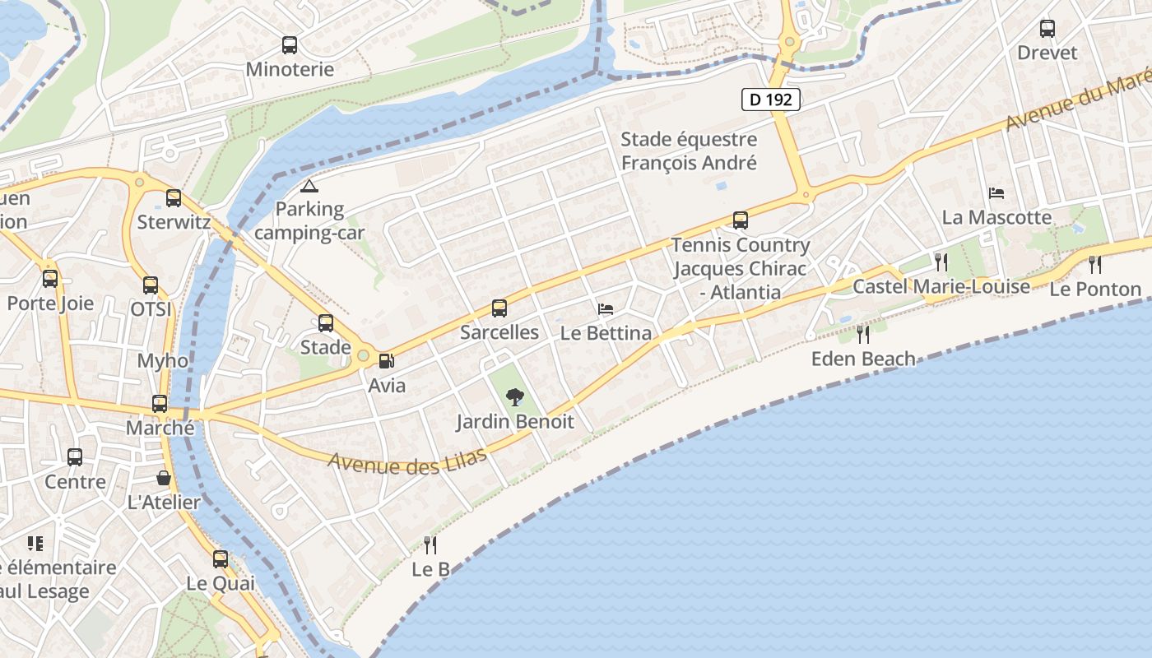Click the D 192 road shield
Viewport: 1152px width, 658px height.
click(771, 100)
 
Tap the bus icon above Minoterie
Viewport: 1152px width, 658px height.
click(290, 45)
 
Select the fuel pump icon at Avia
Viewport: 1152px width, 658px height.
click(385, 360)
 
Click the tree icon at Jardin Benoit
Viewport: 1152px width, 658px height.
click(515, 397)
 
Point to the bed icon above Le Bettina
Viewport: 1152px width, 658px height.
click(606, 309)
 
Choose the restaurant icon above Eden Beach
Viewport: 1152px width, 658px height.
click(862, 334)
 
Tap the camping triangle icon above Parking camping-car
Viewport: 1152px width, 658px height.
click(309, 186)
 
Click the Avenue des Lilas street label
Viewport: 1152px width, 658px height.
click(407, 461)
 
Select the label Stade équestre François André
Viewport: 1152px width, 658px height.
click(689, 151)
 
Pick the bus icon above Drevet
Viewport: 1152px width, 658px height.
click(1047, 29)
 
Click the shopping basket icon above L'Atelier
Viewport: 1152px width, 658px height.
click(164, 478)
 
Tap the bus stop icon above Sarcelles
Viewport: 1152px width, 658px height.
click(499, 308)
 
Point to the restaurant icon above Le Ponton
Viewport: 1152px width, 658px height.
click(1095, 264)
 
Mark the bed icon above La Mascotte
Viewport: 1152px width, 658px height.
click(996, 193)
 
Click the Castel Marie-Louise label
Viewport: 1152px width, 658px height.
click(941, 286)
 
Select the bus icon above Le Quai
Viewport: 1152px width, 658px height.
click(220, 559)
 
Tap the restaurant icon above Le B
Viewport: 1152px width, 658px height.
click(430, 544)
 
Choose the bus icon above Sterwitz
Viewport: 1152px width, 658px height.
click(174, 198)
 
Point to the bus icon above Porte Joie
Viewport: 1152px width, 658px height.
click(50, 279)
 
